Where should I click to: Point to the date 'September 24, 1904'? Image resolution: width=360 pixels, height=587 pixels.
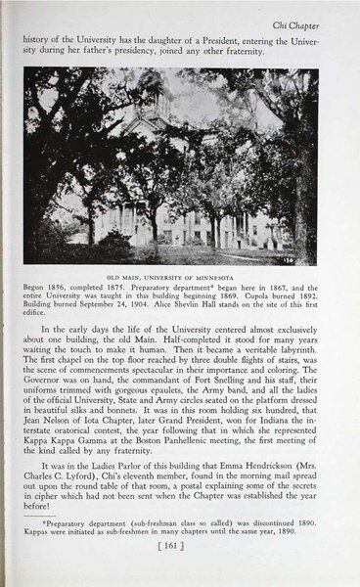click(134, 306)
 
